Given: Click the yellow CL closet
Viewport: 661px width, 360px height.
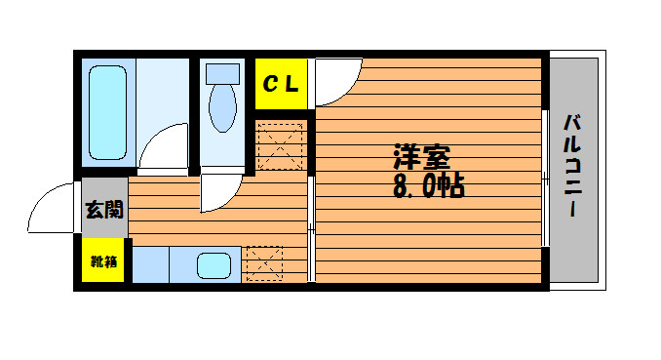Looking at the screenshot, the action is point(281,84).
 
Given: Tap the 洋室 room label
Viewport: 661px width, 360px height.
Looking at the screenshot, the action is point(422,157).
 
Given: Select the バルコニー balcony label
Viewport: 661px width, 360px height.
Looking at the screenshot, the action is point(573,166).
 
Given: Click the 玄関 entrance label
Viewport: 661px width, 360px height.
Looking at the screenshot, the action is point(104,210).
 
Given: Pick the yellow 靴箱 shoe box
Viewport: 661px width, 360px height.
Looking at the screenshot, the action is point(103,260).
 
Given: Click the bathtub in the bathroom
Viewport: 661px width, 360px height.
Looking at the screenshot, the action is point(108,113).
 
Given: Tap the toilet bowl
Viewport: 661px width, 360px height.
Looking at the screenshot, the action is point(222,107).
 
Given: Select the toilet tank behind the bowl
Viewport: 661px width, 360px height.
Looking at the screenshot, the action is point(222,74).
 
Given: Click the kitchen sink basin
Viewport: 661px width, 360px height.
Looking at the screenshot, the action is point(214,265).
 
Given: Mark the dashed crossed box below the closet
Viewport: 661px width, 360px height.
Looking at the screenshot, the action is point(280,146).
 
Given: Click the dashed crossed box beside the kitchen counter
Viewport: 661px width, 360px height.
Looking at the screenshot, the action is point(265,263).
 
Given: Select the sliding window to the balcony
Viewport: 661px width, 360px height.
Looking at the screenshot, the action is point(545,179).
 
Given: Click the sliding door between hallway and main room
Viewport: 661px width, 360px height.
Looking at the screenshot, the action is point(311,228).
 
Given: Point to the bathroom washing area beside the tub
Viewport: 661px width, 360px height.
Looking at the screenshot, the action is point(162,91).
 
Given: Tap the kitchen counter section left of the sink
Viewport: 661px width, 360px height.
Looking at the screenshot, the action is point(151,264).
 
